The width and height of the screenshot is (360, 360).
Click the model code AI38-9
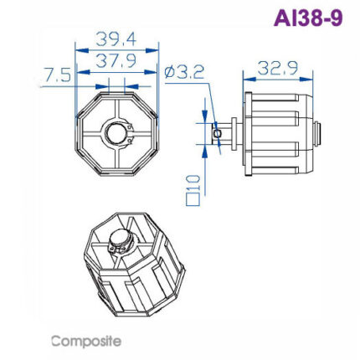coord(307,18)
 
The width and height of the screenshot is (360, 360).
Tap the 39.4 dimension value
coord(116,39)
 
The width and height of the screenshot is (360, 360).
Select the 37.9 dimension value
coord(116,61)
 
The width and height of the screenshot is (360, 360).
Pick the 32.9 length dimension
coord(280,68)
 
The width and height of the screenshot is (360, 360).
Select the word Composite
coord(86,341)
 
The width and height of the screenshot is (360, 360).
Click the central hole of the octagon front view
coord(116,132)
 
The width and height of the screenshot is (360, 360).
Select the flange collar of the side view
coord(248,131)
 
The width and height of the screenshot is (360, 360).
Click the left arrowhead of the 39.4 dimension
coord(79,49)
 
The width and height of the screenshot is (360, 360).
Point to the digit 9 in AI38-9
coord(335,18)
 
